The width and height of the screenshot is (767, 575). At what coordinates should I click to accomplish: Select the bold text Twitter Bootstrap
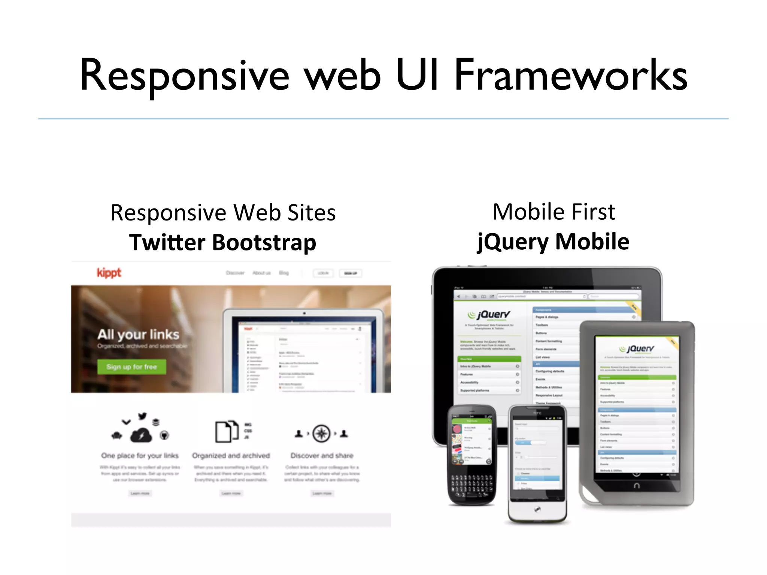[223, 242]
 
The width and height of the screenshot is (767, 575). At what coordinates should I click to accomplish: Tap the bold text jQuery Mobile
[553, 241]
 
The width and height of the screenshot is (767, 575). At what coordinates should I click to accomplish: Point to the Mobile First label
[554, 212]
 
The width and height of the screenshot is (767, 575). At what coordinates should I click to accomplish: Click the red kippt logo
[109, 273]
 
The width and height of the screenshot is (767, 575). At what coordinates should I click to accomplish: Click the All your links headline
[138, 334]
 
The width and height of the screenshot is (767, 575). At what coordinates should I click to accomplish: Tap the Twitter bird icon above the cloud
[142, 416]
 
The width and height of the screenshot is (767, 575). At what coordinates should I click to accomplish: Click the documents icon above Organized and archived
[227, 432]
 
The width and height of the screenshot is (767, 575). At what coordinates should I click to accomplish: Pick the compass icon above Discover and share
[321, 433]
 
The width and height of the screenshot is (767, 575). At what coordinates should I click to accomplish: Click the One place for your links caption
[140, 456]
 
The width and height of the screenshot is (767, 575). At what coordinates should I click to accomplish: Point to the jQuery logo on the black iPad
[489, 315]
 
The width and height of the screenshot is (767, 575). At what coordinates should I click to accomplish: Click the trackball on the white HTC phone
[537, 509]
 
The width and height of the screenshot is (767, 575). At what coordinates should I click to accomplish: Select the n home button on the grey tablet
[636, 486]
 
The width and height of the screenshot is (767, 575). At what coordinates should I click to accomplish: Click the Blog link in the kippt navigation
[284, 273]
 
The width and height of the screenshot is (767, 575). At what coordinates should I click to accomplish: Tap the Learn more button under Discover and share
[322, 493]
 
